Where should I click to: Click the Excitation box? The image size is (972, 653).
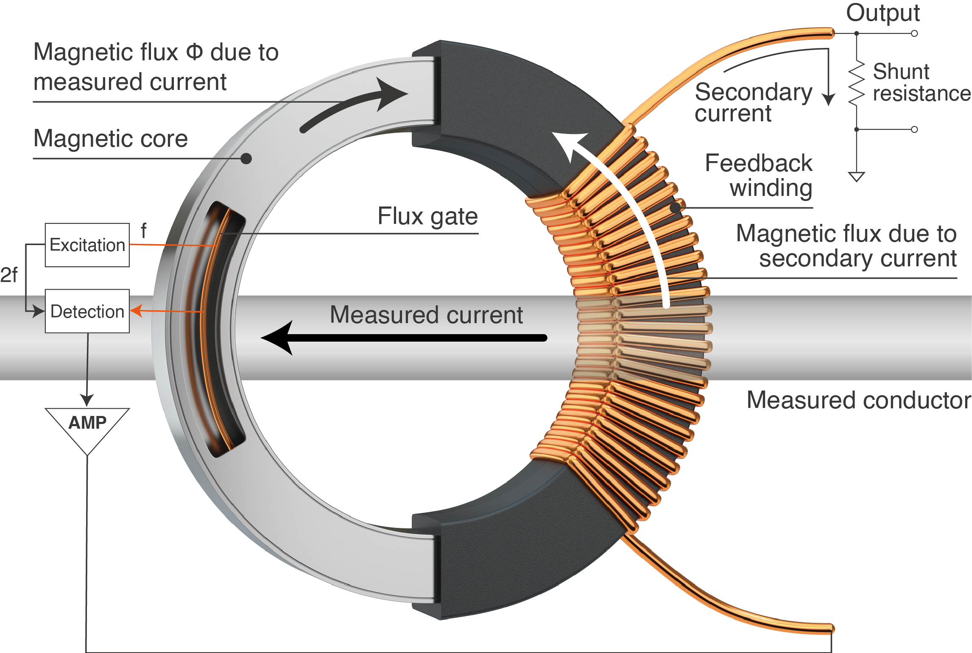click(87, 245)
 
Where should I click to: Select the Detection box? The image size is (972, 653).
click(87, 311)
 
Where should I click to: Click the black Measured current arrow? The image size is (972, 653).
click(403, 338)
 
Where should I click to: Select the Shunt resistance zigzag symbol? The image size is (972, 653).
click(857, 83)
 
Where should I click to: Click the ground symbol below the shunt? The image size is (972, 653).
click(856, 176)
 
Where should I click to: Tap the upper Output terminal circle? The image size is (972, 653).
click(914, 33)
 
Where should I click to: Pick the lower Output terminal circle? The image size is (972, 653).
click(914, 129)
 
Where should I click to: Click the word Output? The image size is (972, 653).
click(883, 13)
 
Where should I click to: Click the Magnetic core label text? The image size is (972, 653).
click(110, 139)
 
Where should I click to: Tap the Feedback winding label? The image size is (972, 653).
click(759, 175)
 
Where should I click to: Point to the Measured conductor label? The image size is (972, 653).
click(859, 400)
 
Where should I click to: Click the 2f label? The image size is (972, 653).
click(9, 275)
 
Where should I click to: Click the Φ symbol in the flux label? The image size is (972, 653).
click(195, 52)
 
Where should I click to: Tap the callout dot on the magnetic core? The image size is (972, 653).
click(246, 159)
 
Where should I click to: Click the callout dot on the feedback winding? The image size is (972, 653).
click(676, 208)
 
